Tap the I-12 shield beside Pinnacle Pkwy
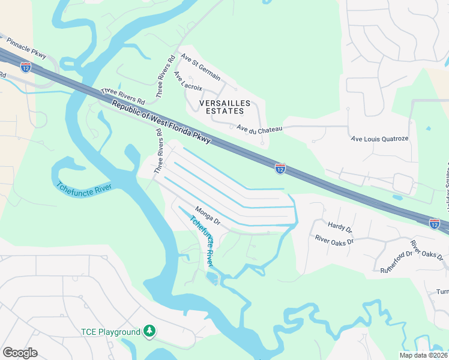[x=25, y=67]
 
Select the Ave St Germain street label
[x=200, y=70]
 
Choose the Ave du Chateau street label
[x=259, y=128]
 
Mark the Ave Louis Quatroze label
[x=379, y=139]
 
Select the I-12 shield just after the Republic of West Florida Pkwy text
[x=280, y=169]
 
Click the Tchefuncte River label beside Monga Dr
[x=202, y=241]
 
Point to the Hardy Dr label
[x=340, y=227]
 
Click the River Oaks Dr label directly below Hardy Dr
[x=335, y=239]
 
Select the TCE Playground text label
[x=110, y=332]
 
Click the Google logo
[x=20, y=353]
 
